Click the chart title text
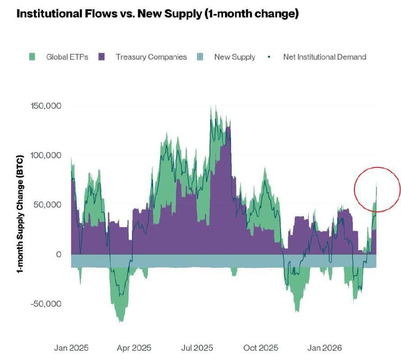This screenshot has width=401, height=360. click(x=158, y=14)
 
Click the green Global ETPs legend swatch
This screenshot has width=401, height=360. click(x=33, y=57)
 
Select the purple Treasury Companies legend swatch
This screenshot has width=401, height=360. click(x=102, y=57)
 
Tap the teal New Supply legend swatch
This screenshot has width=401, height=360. click(x=200, y=57)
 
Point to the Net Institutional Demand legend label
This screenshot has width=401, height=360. click(x=324, y=57)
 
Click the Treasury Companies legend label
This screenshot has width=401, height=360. click(x=151, y=57)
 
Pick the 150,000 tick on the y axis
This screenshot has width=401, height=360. click(x=47, y=106)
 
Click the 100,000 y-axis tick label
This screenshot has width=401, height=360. click(x=47, y=155)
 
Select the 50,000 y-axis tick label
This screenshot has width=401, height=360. click(x=49, y=205)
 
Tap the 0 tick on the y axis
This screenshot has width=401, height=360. click(x=59, y=254)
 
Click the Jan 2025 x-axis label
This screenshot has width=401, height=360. click(x=71, y=347)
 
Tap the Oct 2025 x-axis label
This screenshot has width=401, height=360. click(x=260, y=347)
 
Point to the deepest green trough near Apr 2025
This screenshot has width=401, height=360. click(x=121, y=320)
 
